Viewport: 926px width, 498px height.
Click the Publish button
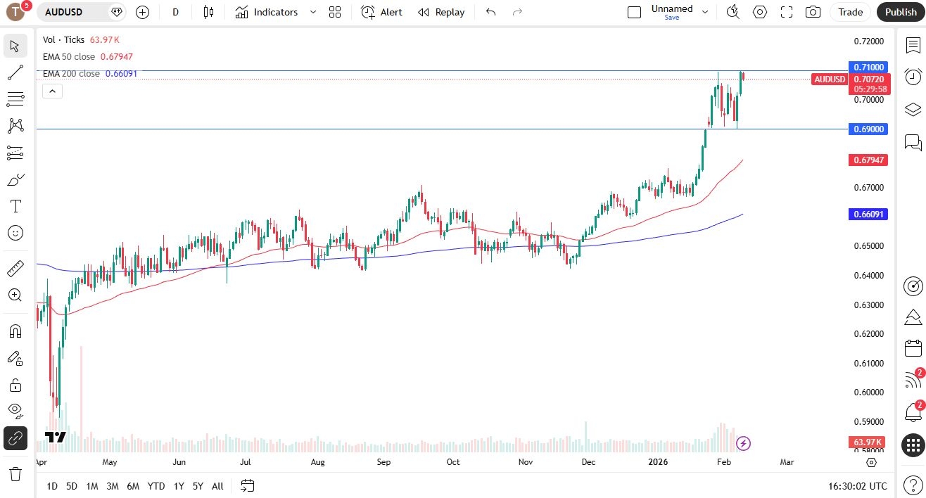901,12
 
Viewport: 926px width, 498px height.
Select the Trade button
850,12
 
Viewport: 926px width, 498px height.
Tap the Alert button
382,12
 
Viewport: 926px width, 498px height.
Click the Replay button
441,12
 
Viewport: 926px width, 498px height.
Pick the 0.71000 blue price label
869,67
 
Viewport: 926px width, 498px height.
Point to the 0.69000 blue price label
869,129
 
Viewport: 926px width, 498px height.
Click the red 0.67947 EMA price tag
869,160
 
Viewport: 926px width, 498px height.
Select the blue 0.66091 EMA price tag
869,214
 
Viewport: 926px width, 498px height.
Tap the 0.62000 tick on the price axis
869,334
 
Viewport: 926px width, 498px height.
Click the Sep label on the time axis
383,462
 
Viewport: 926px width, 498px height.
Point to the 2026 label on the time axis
658,462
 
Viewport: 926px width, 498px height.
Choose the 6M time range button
133,486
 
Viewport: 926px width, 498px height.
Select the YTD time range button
156,486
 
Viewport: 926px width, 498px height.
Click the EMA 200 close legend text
71,73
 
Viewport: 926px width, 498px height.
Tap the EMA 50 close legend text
69,57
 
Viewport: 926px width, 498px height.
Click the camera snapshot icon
813,12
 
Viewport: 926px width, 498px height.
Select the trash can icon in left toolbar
15,473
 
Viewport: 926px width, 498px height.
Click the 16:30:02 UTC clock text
858,486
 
